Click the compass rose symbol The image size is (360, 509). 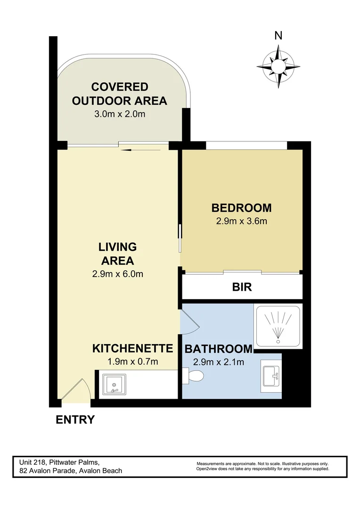[x=278, y=66]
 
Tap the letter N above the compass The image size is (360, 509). [x=278, y=35]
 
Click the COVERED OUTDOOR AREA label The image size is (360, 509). [x=120, y=93]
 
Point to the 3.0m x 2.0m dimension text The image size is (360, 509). [x=120, y=114]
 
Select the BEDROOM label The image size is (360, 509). [x=241, y=207]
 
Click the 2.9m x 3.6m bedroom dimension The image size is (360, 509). [x=241, y=221]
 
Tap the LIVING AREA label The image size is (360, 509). [x=117, y=254]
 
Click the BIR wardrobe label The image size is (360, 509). [x=242, y=287]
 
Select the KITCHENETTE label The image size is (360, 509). [x=132, y=349]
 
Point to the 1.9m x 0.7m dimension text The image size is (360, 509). [x=132, y=362]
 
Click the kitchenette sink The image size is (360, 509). [x=113, y=384]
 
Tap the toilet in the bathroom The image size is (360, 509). [x=195, y=376]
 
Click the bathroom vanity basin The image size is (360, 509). [x=271, y=376]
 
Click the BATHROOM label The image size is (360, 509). [x=218, y=349]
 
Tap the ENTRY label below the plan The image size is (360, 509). [x=75, y=419]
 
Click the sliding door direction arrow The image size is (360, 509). [x=132, y=150]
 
